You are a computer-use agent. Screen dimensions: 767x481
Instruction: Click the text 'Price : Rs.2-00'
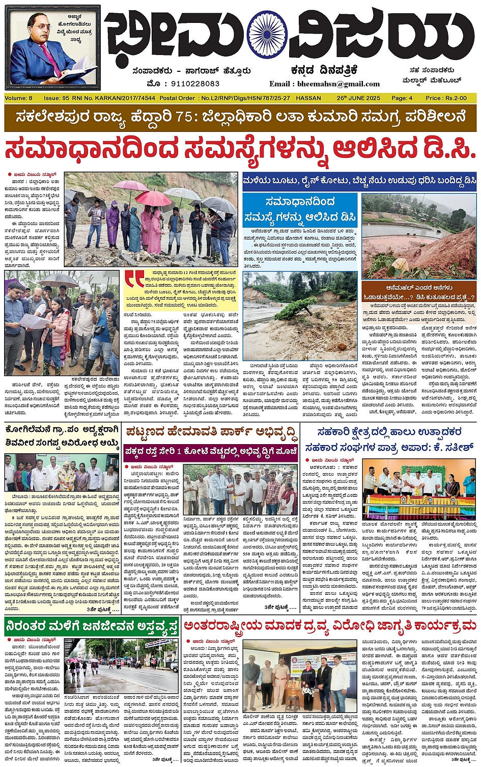tap(446, 98)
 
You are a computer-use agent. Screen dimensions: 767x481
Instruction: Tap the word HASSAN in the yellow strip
tap(308, 98)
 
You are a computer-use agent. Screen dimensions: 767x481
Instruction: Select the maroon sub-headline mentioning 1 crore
tap(211, 452)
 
